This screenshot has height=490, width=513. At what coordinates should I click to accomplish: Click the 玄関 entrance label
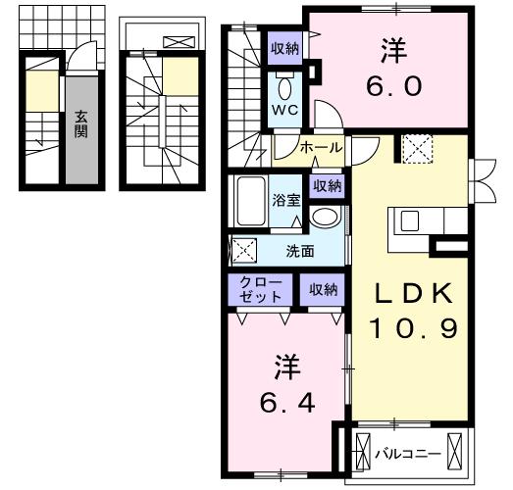pos(80,124)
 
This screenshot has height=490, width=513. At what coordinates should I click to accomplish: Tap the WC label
pos(285,110)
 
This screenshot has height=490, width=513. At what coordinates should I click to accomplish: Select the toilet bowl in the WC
pos(285,86)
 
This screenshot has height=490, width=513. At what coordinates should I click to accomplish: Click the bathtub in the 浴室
pos(251,201)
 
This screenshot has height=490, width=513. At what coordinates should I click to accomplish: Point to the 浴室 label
pos(286,200)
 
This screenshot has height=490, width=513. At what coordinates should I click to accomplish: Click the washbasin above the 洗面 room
pos(325,217)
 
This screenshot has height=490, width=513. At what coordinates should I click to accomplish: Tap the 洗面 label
pos(300,252)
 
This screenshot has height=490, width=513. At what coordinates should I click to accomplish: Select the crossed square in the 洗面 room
pos(244,251)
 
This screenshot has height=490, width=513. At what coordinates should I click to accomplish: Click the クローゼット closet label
pos(261,290)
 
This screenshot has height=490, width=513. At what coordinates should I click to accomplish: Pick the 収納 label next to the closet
pos(324,289)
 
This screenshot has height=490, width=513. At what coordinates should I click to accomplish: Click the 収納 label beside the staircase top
pos(284,48)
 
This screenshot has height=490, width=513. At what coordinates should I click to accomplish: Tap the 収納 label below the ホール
pos(328,186)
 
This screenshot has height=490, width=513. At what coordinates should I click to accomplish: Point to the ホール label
pos(322,148)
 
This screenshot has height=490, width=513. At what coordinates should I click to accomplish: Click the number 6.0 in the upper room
pos(393,86)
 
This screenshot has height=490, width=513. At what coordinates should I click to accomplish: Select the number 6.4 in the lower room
pos(287,403)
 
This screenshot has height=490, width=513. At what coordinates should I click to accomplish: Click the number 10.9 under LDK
pos(414,328)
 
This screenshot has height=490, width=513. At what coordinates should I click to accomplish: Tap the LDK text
pos(414,293)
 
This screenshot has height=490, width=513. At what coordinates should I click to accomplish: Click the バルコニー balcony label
pos(408,454)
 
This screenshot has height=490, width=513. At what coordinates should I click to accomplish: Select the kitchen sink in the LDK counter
pos(410,220)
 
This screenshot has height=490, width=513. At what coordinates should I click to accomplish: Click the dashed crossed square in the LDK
pos(417,149)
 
